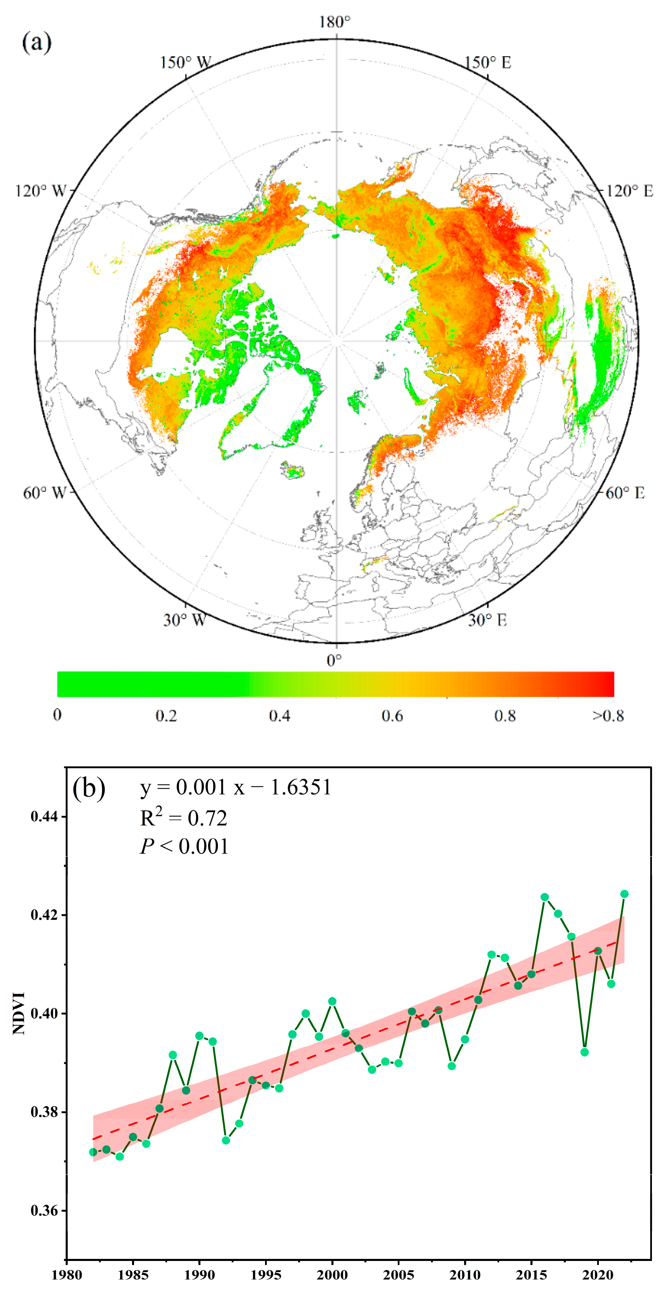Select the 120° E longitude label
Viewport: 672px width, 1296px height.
point(629,191)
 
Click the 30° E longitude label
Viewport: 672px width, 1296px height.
point(487,620)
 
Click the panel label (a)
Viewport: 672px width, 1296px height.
point(37,43)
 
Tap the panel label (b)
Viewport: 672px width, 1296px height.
point(89,788)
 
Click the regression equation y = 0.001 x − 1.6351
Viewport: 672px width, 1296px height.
point(235,787)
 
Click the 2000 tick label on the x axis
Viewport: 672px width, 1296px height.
point(332,1275)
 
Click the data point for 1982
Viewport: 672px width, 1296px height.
point(93,1152)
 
